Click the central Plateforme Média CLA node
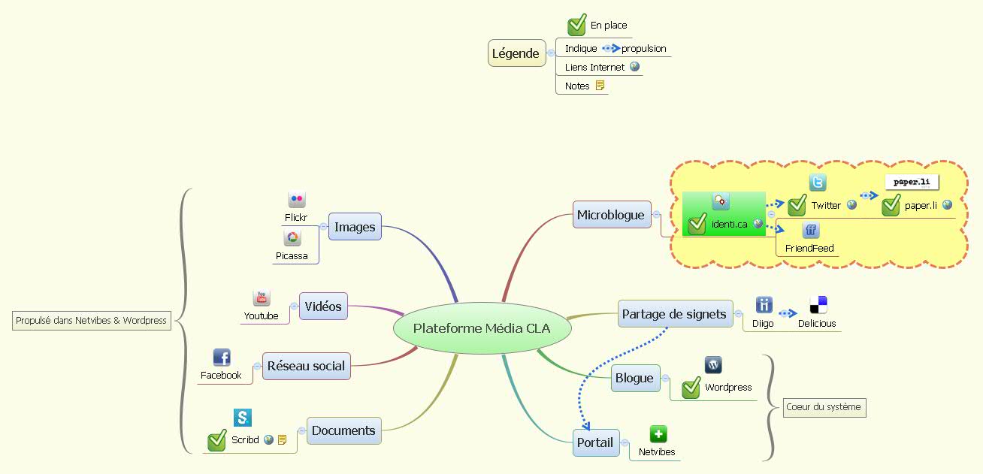click(x=482, y=328)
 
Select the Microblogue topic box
click(x=612, y=214)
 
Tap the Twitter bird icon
click(x=818, y=182)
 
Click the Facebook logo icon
click(x=222, y=358)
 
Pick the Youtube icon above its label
click(x=262, y=297)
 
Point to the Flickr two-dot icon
click(x=297, y=199)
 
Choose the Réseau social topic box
click(x=307, y=366)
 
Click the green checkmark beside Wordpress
click(x=691, y=387)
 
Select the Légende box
click(x=516, y=53)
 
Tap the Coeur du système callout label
click(x=824, y=407)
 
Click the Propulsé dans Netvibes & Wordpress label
click(x=91, y=321)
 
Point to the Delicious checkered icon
click(x=818, y=305)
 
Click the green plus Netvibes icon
click(x=658, y=434)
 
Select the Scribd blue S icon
click(x=243, y=418)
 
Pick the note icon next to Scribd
click(x=282, y=439)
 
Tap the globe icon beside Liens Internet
click(x=634, y=67)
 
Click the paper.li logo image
click(x=912, y=182)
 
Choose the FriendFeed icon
click(x=811, y=230)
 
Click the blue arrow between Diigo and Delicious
click(x=788, y=313)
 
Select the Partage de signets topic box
click(x=675, y=314)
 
